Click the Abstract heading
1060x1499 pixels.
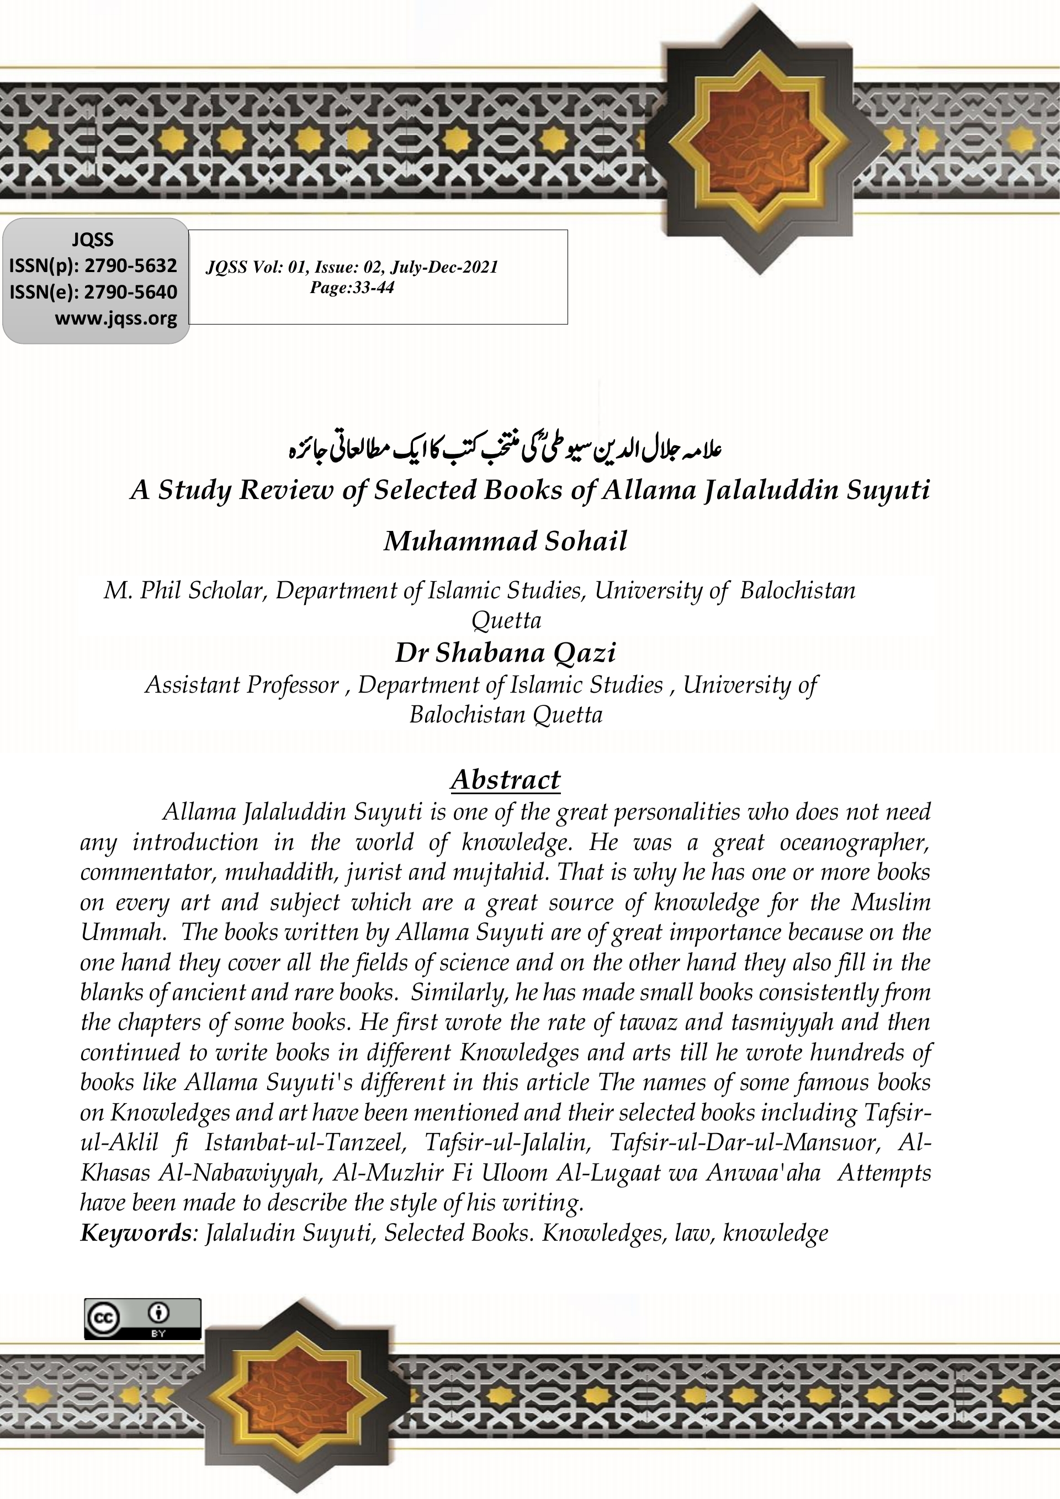click(x=506, y=779)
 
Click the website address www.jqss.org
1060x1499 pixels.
click(x=115, y=318)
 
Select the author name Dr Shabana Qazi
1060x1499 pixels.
click(x=506, y=653)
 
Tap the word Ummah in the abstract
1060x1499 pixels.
click(x=121, y=932)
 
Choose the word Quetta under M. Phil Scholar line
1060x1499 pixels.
click(x=506, y=620)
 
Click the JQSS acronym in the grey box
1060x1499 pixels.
click(x=92, y=240)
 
